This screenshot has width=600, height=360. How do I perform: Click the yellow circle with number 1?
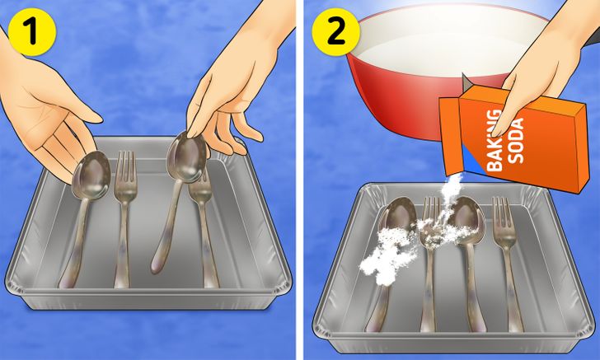coord(32,32)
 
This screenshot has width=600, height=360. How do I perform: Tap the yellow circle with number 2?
coord(336,32)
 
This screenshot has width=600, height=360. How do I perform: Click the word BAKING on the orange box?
coord(495,140)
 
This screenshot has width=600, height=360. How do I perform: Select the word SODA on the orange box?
coord(517,141)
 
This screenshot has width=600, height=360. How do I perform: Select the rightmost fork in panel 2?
coord(507,264)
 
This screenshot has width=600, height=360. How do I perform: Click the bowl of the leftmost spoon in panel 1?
coord(91,175)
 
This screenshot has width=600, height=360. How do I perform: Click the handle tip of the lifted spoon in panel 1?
coord(156,268)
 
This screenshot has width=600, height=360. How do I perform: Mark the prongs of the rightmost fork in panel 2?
coord(502,210)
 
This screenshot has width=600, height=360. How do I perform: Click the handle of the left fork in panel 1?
coord(123,245)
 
